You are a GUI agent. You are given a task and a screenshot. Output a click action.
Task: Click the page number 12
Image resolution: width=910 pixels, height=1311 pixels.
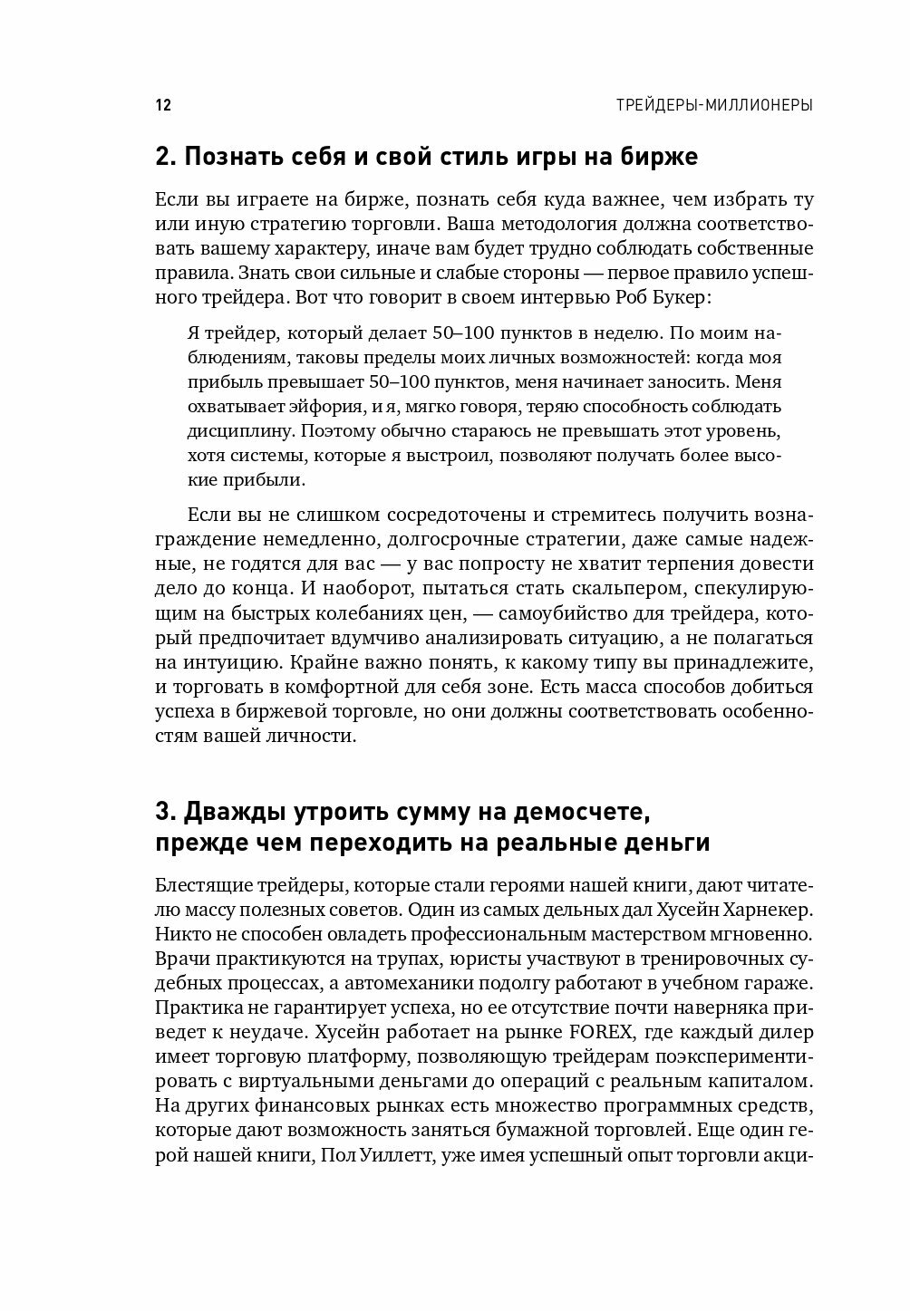coord(163,105)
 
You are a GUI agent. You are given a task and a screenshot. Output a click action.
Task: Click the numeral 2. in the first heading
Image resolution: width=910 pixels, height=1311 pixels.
coord(164,156)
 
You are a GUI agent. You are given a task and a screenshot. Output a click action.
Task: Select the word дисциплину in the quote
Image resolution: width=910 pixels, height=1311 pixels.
coord(234,431)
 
